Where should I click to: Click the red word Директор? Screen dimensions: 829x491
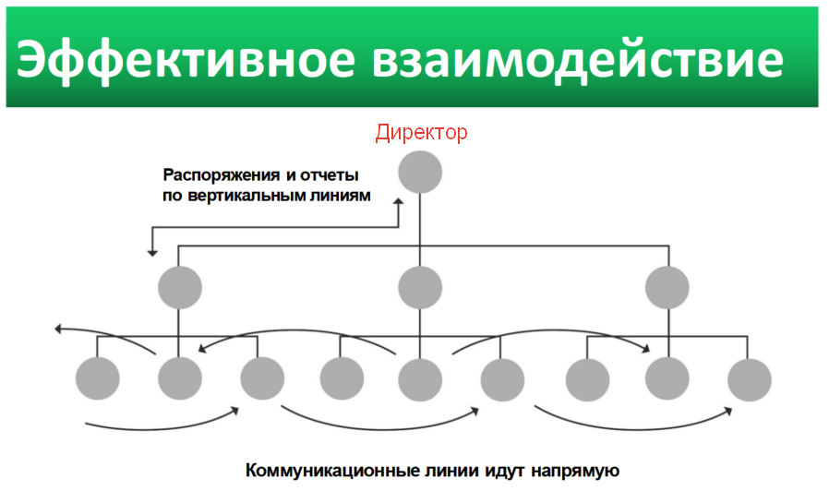pyautogui.click(x=421, y=132)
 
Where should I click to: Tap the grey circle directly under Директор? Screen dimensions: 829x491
pyautogui.click(x=420, y=173)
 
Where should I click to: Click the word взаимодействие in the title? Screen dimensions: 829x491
pyautogui.click(x=577, y=59)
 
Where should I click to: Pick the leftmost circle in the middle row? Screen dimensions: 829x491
pyautogui.click(x=180, y=288)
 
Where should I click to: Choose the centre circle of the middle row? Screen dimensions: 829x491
pyautogui.click(x=420, y=288)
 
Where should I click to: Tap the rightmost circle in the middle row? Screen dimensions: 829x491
pyautogui.click(x=667, y=288)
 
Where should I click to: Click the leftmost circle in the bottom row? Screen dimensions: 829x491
pyautogui.click(x=98, y=378)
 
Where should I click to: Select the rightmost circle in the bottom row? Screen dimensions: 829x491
pyautogui.click(x=750, y=379)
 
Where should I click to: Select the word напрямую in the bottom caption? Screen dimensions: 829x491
pyautogui.click(x=575, y=471)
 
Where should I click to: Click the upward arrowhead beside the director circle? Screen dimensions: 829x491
pyautogui.click(x=398, y=202)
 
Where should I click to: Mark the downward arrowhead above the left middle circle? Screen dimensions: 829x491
pyautogui.click(x=152, y=253)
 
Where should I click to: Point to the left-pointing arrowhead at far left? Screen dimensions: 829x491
pyautogui.click(x=59, y=329)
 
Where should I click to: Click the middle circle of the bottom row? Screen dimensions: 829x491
pyautogui.click(x=420, y=379)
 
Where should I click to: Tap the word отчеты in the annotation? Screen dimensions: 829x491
pyautogui.click(x=330, y=175)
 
